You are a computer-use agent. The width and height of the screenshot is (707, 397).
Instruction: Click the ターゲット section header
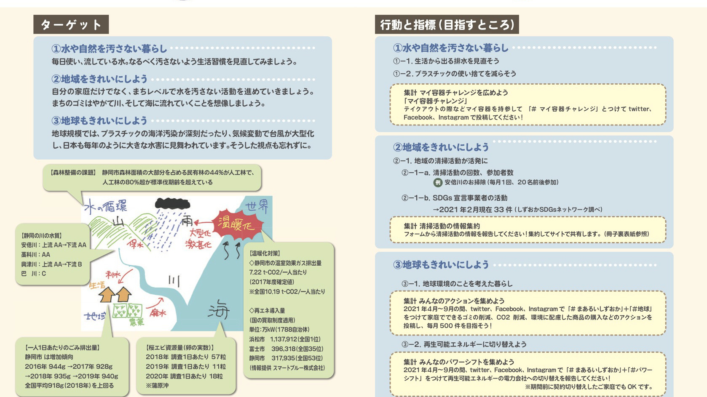point(71,25)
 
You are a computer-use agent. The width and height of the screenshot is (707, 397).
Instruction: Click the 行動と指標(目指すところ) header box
point(447,25)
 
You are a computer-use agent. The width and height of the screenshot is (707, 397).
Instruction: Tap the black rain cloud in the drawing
point(172,204)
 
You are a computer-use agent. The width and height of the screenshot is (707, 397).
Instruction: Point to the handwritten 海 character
point(218,310)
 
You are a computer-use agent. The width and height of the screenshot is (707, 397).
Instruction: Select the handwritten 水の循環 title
point(105,207)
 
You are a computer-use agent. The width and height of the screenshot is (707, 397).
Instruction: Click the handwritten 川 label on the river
point(174,280)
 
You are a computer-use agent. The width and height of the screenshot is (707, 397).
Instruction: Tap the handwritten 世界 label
point(257,206)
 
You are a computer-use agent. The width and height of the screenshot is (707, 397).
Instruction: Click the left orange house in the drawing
point(107,294)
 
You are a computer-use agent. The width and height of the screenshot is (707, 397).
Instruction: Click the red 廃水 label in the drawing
point(158,313)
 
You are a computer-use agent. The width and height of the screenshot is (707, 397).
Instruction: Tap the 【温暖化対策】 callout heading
point(265,253)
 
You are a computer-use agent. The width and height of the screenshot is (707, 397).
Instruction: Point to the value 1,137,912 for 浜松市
point(284,339)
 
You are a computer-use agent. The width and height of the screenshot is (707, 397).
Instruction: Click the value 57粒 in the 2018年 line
point(218,357)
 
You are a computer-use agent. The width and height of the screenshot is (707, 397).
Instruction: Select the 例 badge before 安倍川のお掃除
point(438,182)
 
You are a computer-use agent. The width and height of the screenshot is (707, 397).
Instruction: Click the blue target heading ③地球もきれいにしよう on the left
point(99,121)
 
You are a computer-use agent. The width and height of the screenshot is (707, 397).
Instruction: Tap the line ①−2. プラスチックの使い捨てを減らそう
point(454,74)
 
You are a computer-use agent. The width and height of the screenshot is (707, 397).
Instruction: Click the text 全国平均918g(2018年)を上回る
point(69,386)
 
